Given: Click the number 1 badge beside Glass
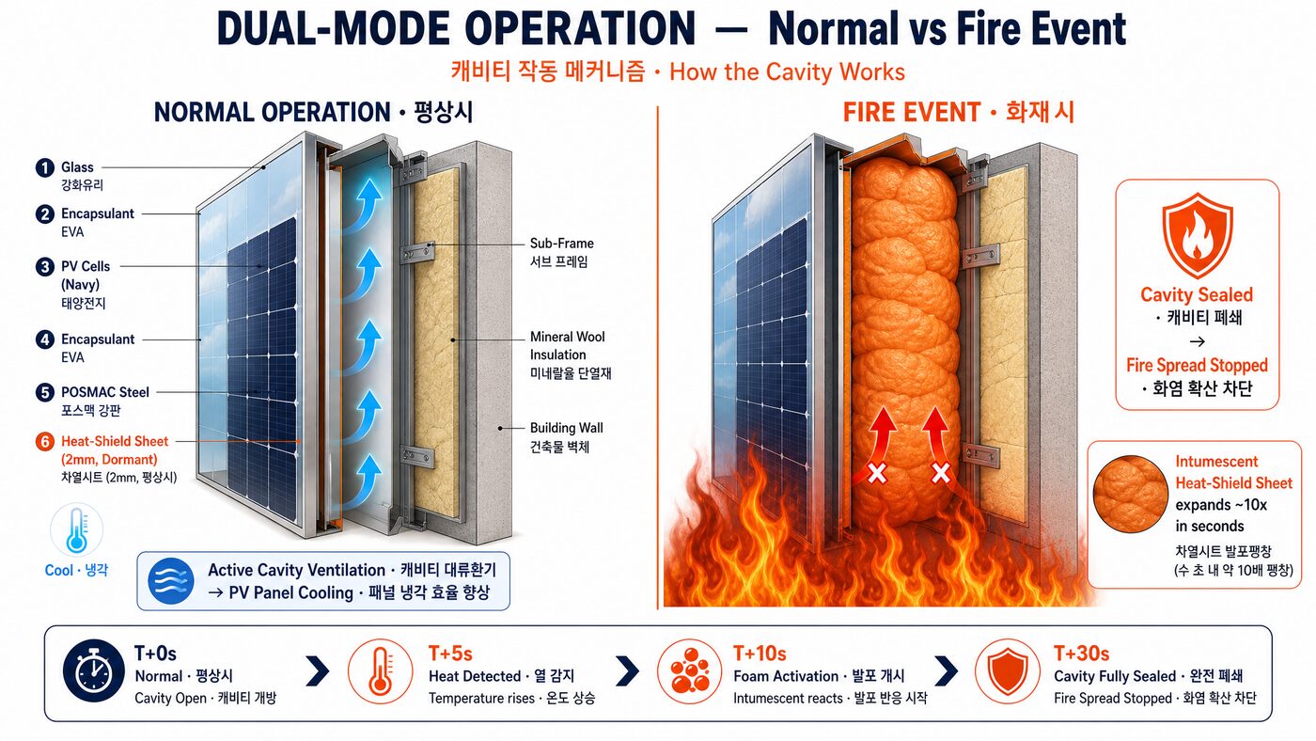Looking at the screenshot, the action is point(45,168).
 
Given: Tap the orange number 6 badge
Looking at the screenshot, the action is point(45,441).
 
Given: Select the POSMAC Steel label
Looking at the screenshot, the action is point(105,392).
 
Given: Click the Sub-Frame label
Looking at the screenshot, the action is point(562,244).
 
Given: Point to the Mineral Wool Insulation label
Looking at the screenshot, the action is point(567,345).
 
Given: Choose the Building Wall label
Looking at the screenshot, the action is point(566,428).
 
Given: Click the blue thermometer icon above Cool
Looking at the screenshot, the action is point(76,530).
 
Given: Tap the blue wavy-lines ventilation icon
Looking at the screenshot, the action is point(171,581).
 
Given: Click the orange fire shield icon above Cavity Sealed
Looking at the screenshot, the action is point(1198,236).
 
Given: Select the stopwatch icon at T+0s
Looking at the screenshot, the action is point(94,670).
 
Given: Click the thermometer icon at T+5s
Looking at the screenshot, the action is point(380,671).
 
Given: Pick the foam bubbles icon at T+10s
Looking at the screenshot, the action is point(689,671).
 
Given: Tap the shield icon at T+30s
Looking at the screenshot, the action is point(1007,671).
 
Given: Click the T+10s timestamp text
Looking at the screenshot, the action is point(760,654).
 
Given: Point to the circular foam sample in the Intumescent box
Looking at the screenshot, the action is point(1130,495).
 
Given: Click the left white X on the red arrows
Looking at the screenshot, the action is point(877,473).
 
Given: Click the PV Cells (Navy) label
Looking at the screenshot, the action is point(86,275).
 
